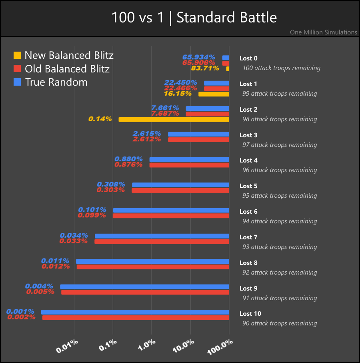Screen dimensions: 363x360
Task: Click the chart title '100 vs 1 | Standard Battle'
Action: pos(194,18)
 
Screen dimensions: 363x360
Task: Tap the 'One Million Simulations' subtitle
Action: pos(324,32)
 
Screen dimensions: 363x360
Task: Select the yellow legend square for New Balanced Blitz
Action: pos(17,55)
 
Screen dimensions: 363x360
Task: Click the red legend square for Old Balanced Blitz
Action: pos(17,68)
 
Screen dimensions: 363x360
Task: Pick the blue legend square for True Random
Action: pos(17,82)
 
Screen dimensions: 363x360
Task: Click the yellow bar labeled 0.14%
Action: pos(174,119)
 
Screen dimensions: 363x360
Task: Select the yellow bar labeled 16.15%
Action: pos(214,94)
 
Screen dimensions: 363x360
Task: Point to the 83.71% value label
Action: pos(205,68)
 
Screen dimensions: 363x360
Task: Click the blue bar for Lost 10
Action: pos(135,312)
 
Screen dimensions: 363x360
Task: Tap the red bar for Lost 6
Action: pos(171,216)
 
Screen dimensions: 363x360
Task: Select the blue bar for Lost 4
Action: pos(189,159)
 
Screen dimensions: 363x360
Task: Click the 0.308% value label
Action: pos(111,185)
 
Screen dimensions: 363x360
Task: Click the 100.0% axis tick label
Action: pos(220,345)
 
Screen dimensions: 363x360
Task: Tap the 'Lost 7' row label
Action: pos(248,237)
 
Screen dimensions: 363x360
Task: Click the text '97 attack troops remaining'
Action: pos(279,144)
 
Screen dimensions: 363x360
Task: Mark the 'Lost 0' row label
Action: pos(248,58)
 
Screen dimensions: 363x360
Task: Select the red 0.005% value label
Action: pos(40,292)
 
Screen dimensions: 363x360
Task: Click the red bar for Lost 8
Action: pos(153,267)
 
